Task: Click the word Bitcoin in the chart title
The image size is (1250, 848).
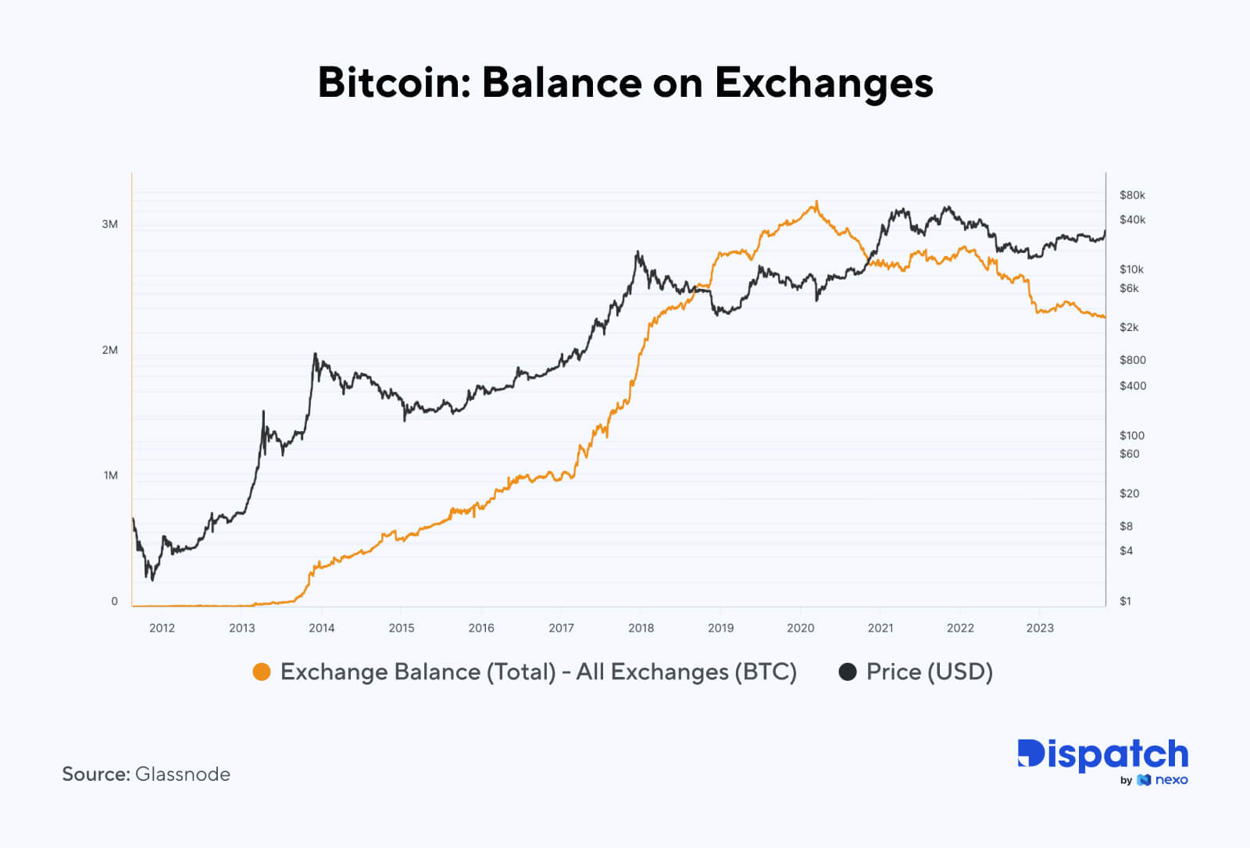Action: coord(393,82)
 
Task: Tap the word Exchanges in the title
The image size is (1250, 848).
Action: coord(823,84)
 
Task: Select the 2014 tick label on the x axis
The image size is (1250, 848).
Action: coord(321,628)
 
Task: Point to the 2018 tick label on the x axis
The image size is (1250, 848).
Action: coord(641,628)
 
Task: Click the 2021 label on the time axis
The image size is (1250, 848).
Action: coord(880,628)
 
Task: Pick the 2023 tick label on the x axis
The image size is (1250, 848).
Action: coord(1040,628)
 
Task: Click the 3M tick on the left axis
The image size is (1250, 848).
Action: coord(110,224)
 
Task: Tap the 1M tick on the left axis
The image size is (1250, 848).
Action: coord(111,476)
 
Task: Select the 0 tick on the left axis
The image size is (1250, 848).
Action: coord(115,601)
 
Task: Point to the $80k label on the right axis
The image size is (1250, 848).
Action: coord(1132,195)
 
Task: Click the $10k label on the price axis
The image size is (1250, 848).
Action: coord(1131,269)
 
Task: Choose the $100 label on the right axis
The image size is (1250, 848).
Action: coord(1131,436)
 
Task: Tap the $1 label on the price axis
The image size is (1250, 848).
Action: coord(1125,601)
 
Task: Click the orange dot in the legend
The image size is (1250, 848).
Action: coord(262,672)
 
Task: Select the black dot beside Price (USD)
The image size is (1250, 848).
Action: coord(848,672)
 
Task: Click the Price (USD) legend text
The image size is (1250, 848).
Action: coord(929,672)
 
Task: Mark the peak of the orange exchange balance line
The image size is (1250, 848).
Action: coord(816,201)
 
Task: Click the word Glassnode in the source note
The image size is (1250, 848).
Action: coord(183,774)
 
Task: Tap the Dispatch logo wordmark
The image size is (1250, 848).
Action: coord(1102,754)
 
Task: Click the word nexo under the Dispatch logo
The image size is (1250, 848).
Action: coord(1171,780)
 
